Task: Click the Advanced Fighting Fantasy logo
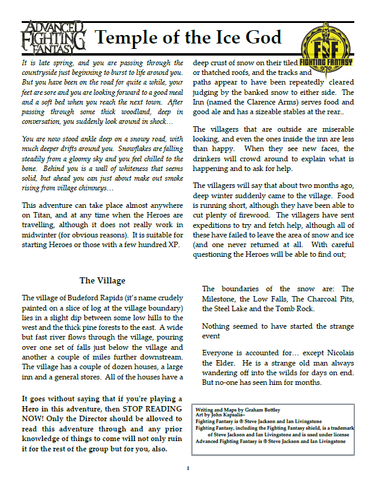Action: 54,37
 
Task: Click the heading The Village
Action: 103,280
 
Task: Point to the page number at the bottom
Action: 188,468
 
